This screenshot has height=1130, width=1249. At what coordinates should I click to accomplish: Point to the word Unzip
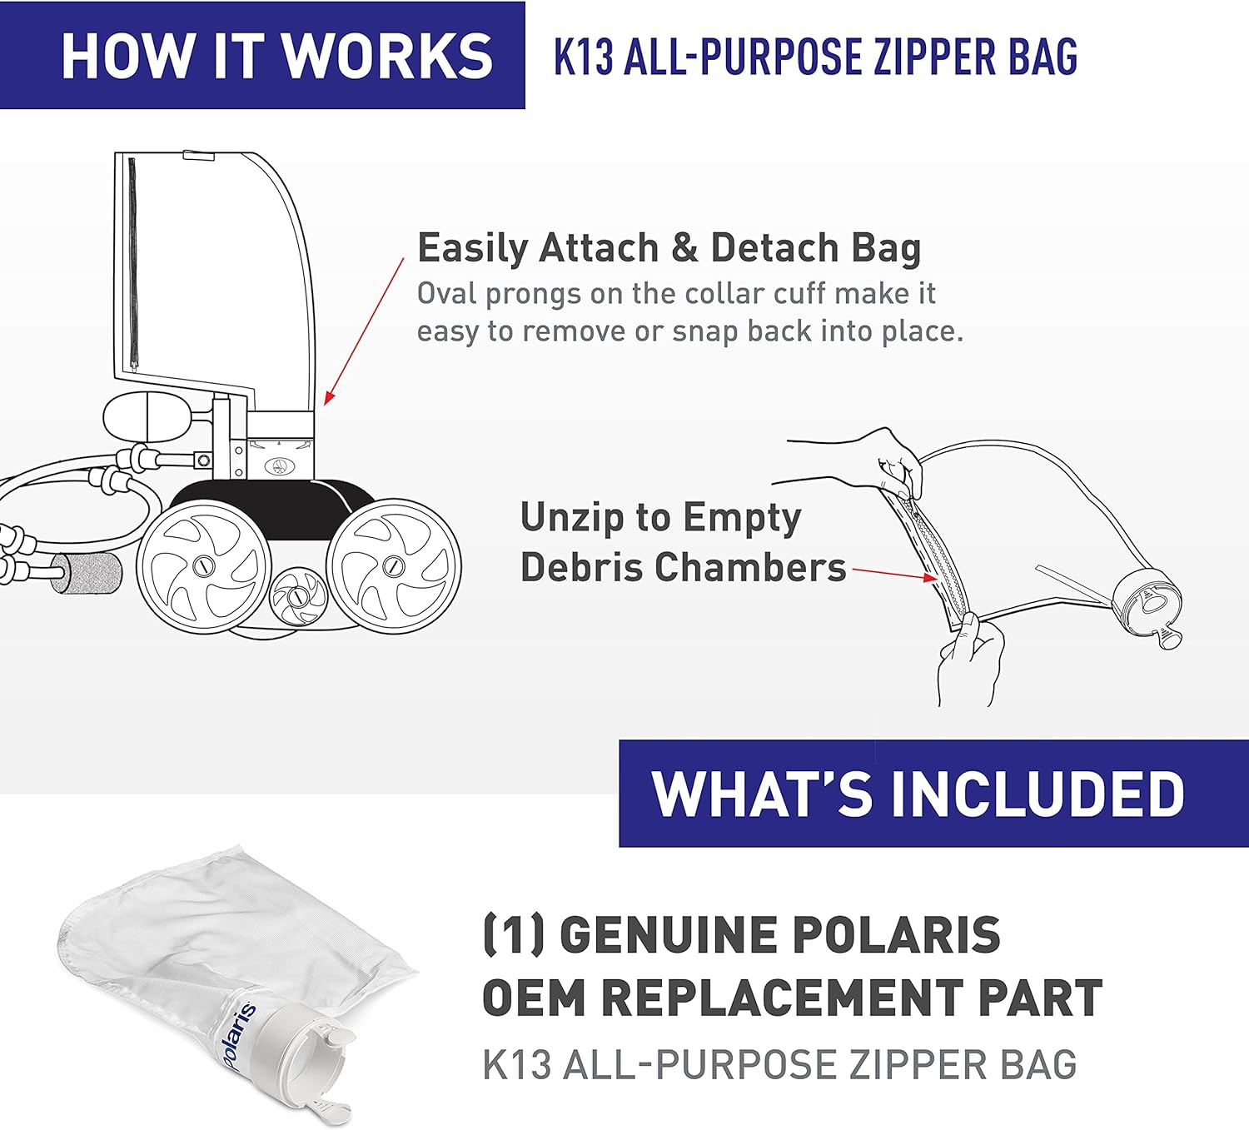point(571,519)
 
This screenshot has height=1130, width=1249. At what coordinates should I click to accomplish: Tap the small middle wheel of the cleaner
point(298,597)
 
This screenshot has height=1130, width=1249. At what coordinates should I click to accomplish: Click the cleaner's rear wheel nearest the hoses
point(204,566)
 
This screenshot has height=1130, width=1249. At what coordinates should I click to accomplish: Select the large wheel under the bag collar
point(393,566)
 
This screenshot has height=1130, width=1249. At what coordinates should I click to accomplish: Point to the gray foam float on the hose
point(87,572)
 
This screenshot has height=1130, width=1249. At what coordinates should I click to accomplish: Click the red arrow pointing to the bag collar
point(364,332)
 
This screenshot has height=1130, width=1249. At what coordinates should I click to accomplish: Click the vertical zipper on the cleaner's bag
point(132,264)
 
